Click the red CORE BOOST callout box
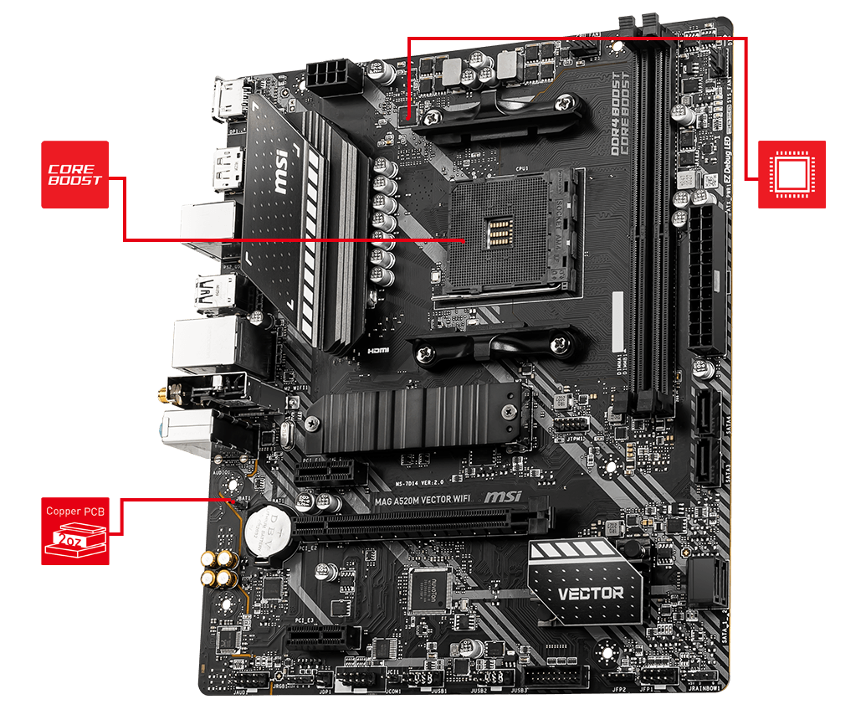[x=74, y=174]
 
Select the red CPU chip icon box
[x=792, y=174]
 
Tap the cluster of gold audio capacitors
[x=218, y=569]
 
